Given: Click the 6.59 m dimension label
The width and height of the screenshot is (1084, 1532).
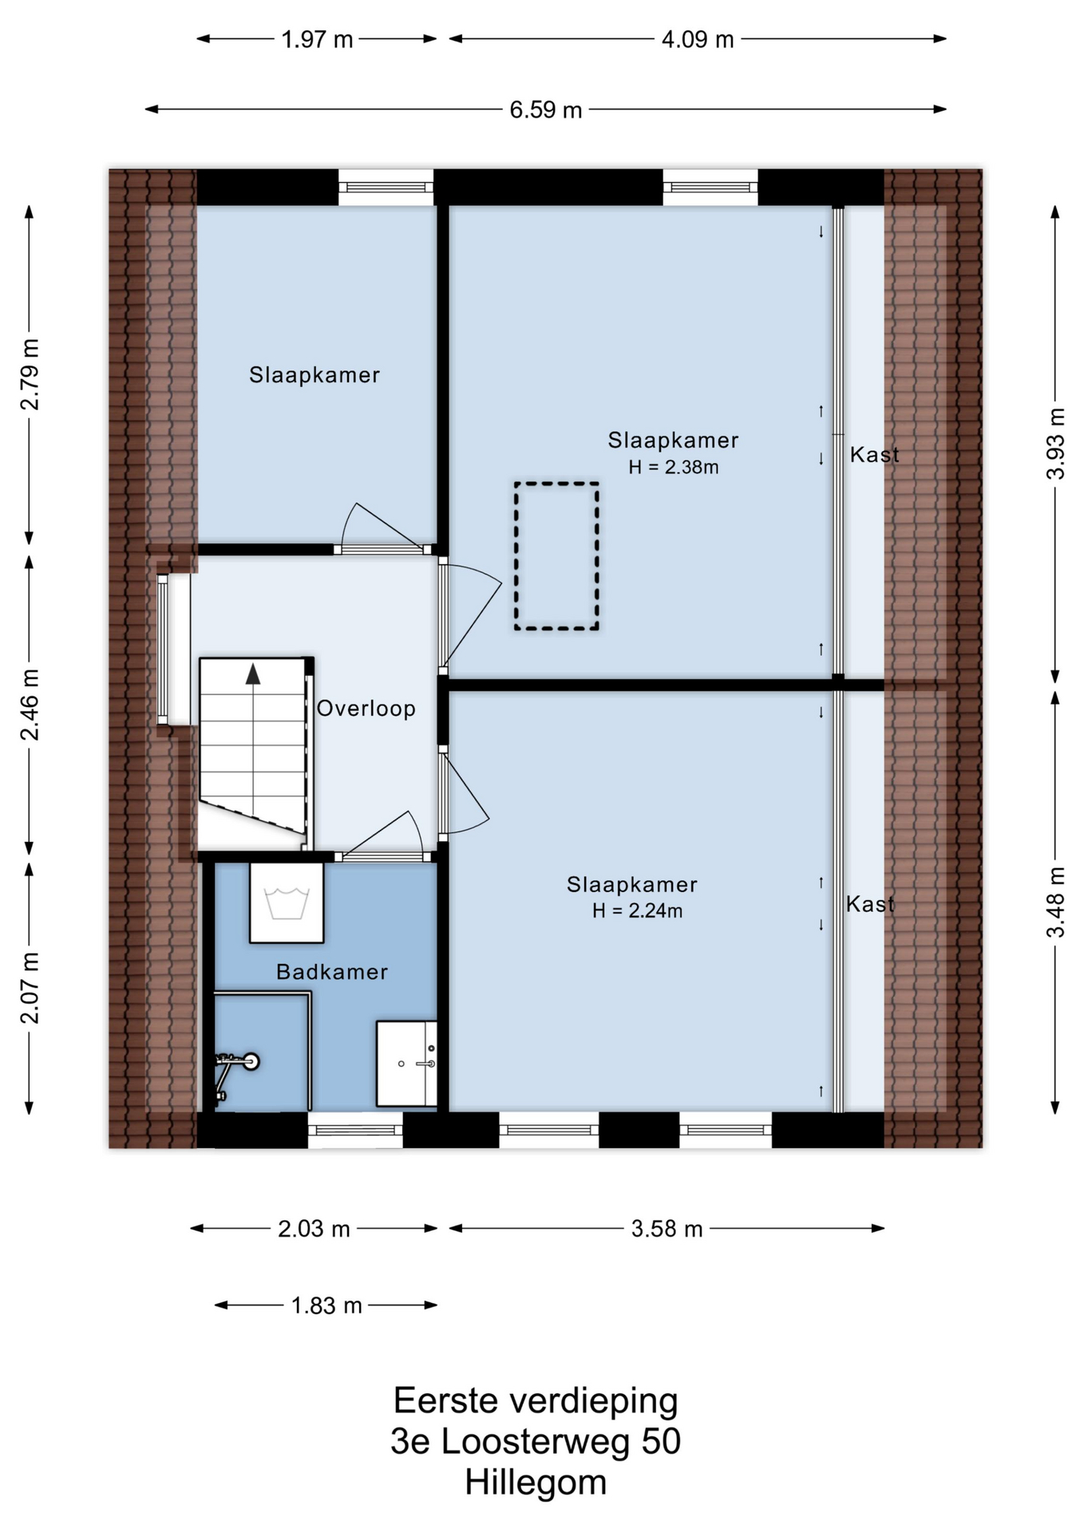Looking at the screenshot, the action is click(546, 109).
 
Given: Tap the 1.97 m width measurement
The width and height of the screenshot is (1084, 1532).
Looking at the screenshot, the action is click(317, 39).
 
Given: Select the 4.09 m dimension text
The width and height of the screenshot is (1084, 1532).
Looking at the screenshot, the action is click(698, 39).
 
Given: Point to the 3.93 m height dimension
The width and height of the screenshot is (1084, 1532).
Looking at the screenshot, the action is click(1055, 444).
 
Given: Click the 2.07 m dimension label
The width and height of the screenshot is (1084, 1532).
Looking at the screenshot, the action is click(30, 988).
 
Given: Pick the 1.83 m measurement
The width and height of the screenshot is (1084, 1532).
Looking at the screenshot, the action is click(326, 1305).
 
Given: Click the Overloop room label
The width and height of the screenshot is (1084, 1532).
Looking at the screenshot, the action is click(366, 709).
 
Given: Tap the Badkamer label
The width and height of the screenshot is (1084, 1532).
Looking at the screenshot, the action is click(332, 972).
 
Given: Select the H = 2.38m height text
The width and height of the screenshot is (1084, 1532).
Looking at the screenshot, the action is click(674, 468).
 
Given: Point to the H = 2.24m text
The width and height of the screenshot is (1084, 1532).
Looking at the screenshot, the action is click(637, 911).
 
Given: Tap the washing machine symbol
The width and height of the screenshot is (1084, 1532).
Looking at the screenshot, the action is click(287, 902).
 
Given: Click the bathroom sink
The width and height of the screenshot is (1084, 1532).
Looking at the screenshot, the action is click(406, 1064).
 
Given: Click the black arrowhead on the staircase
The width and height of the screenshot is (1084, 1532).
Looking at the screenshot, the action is click(253, 673).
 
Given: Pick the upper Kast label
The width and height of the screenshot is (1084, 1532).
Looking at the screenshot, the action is click(874, 455).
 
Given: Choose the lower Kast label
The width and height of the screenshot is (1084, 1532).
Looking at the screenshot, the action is click(870, 904).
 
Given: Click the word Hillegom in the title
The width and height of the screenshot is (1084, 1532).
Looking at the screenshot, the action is click(536, 1483).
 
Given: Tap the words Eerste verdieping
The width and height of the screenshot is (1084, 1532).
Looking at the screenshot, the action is click(536, 1401).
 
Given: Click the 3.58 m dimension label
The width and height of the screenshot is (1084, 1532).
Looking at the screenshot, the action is click(667, 1229).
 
